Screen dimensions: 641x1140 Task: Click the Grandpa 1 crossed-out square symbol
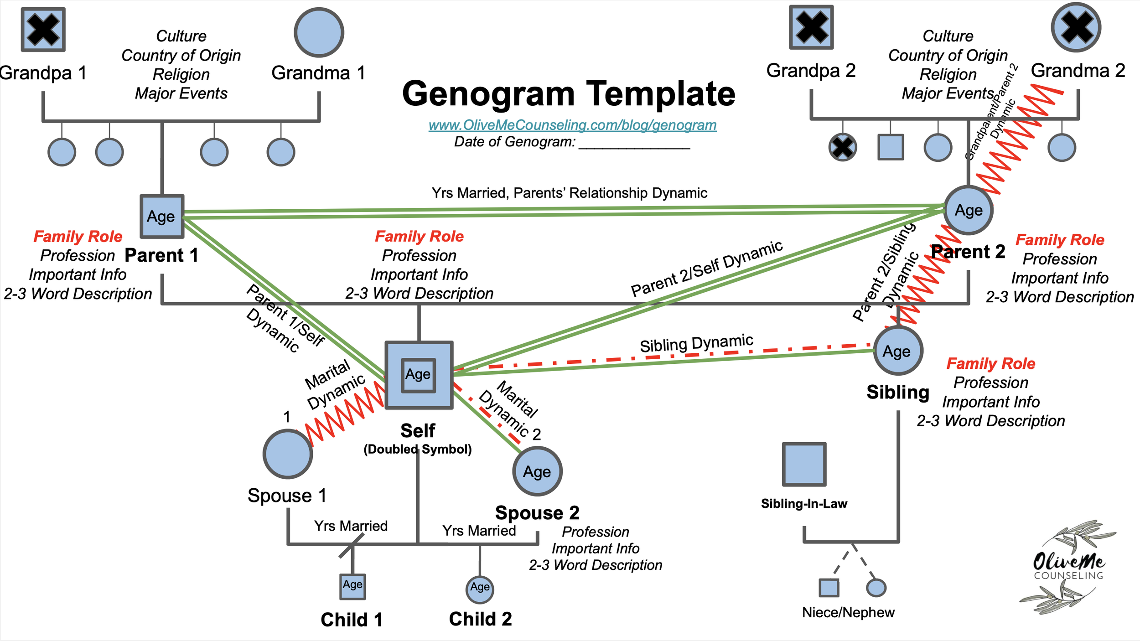[43, 30]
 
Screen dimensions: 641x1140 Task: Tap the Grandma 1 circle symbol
[319, 32]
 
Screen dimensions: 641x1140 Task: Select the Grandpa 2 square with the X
[811, 27]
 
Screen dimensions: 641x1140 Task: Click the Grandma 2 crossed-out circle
[1076, 27]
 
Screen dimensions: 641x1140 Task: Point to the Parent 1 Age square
[162, 217]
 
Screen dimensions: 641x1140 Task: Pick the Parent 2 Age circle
[968, 210]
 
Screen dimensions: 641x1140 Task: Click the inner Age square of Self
[418, 375]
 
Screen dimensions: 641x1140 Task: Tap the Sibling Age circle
[898, 351]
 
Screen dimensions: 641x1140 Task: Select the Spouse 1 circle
[288, 454]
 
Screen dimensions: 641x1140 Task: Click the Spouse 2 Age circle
[537, 471]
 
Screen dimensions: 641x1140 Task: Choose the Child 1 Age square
[352, 586]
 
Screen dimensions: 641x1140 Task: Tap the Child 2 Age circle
[480, 589]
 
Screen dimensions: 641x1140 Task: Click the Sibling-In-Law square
[804, 464]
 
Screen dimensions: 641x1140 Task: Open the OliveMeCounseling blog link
[572, 125]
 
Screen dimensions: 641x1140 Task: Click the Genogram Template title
[569, 94]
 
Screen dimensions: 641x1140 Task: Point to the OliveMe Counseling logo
[1068, 568]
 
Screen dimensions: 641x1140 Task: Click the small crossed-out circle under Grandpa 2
[842, 147]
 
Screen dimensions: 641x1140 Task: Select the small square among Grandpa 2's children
[891, 147]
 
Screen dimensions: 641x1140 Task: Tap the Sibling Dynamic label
[696, 343]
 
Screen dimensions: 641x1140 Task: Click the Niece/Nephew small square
[829, 588]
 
